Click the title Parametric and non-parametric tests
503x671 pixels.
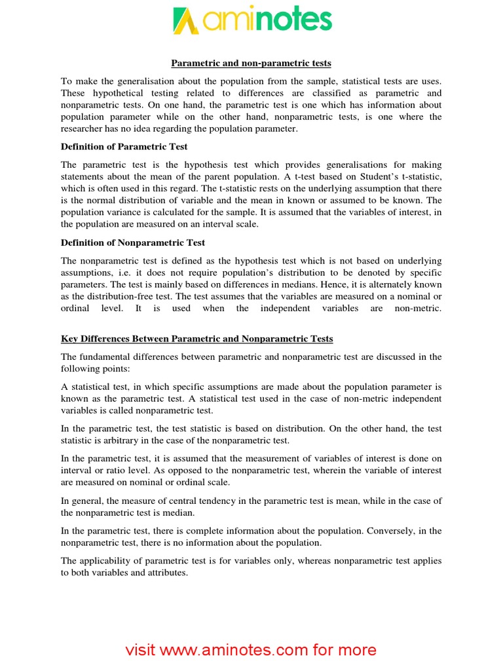[x=251, y=63]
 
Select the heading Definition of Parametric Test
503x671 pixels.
[x=124, y=146]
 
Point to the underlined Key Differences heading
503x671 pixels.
[x=197, y=339]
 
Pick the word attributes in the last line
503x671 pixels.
[x=168, y=573]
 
